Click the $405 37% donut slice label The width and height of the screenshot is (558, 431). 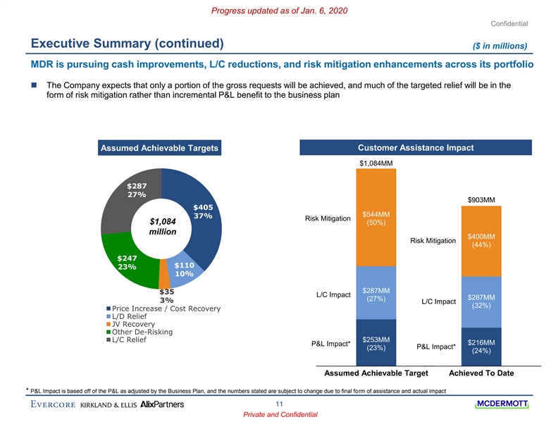pyautogui.click(x=203, y=211)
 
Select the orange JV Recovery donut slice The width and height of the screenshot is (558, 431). pyautogui.click(x=164, y=282)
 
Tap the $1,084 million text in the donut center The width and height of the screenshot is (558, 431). pyautogui.click(x=162, y=228)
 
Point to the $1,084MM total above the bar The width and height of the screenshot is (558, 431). pyautogui.click(x=377, y=163)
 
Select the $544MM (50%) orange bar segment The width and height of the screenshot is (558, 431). pyautogui.click(x=376, y=219)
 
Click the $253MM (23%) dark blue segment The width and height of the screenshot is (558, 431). pyautogui.click(x=376, y=344)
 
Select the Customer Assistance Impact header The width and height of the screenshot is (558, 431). pyautogui.click(x=415, y=148)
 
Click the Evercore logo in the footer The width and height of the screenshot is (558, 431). pyautogui.click(x=53, y=404)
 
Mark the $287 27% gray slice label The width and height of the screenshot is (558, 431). pyautogui.click(x=137, y=190)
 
